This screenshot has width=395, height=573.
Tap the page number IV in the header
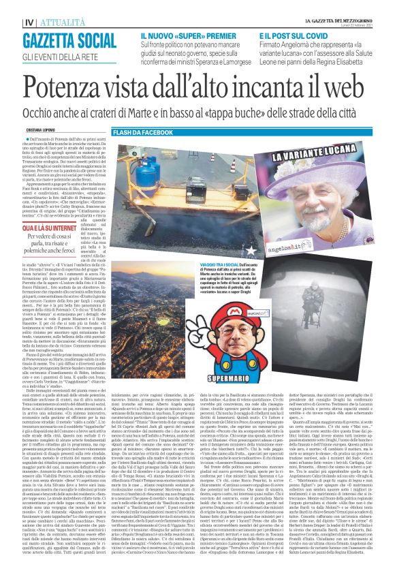[x=11, y=5]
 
